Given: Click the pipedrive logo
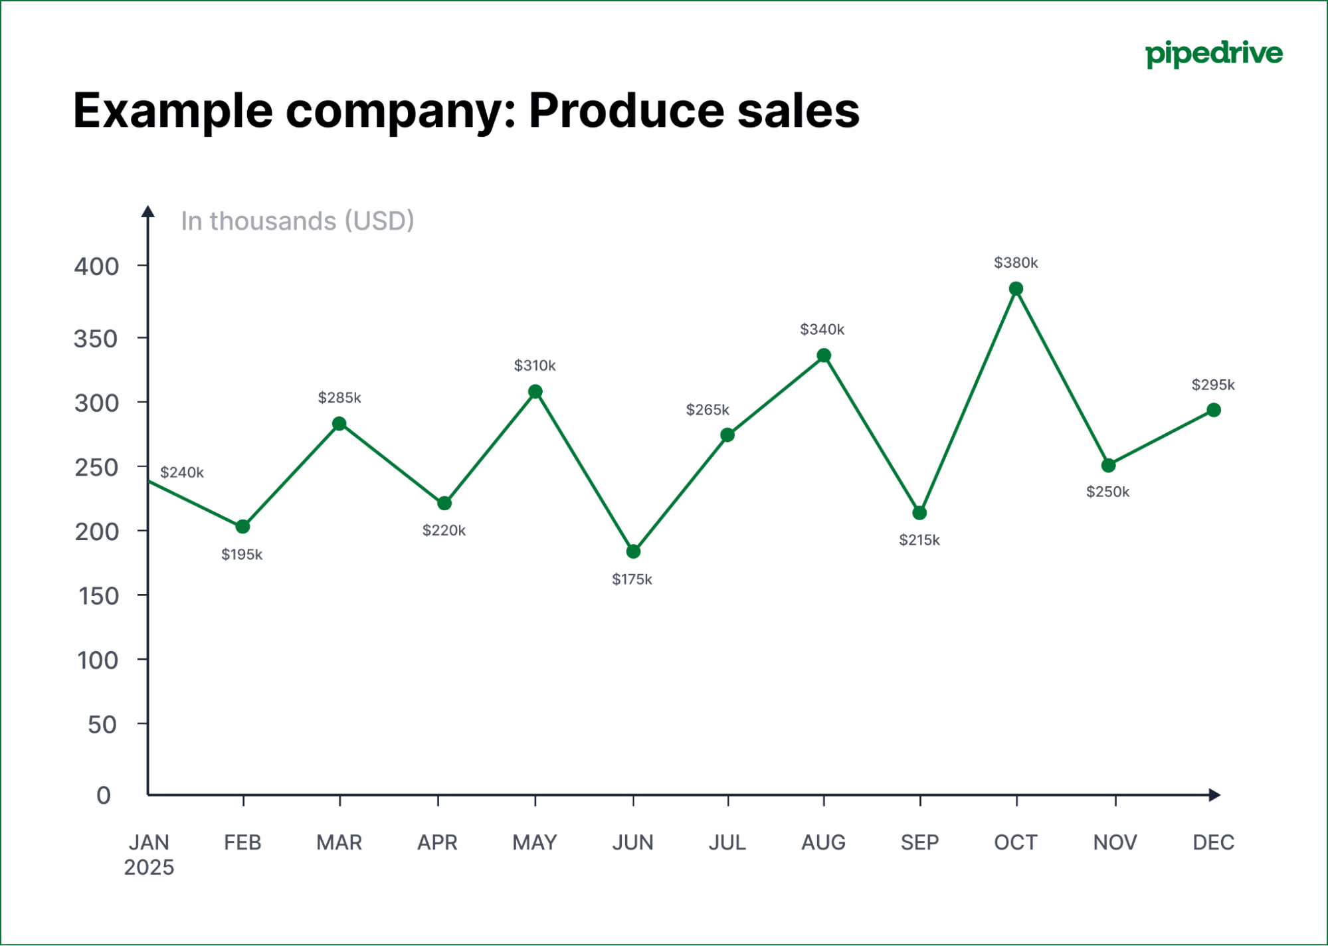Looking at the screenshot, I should pos(1214,54).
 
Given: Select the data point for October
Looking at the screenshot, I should pos(1016,288).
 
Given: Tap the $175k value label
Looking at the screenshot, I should pos(632,579).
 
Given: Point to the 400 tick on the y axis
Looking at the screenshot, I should pos(97,266).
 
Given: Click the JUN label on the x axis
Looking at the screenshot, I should pos(632,842).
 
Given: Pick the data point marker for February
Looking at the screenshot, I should pos(242,526).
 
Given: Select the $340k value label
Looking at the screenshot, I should pos(822,330).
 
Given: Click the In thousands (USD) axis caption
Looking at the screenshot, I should pos(297,221).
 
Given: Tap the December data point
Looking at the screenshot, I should pos(1213,410).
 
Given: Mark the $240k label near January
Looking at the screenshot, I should pos(181,472).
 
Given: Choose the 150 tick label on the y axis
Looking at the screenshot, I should pos(98,596).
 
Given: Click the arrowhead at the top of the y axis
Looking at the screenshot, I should pos(148,211).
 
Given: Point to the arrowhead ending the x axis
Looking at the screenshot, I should pos(1214,795).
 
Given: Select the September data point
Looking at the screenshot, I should pos(919,513).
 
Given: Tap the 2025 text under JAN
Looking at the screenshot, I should pos(149,868).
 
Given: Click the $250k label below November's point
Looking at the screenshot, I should pos(1107,492).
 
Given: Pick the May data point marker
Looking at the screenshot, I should pos(535,391).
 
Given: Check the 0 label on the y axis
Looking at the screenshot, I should pos(104,795).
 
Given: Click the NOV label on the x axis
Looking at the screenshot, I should pos(1115,842).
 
